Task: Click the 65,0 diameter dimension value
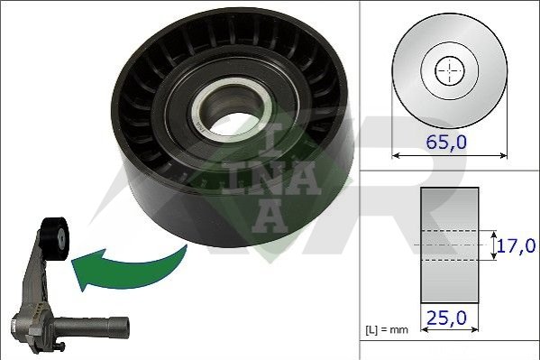point(446,142)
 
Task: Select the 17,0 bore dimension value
point(517,245)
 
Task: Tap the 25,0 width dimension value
point(446,318)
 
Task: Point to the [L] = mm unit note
point(387,329)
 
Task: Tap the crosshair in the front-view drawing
point(450,71)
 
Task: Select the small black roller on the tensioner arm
point(55,238)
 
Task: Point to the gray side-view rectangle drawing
point(450,245)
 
